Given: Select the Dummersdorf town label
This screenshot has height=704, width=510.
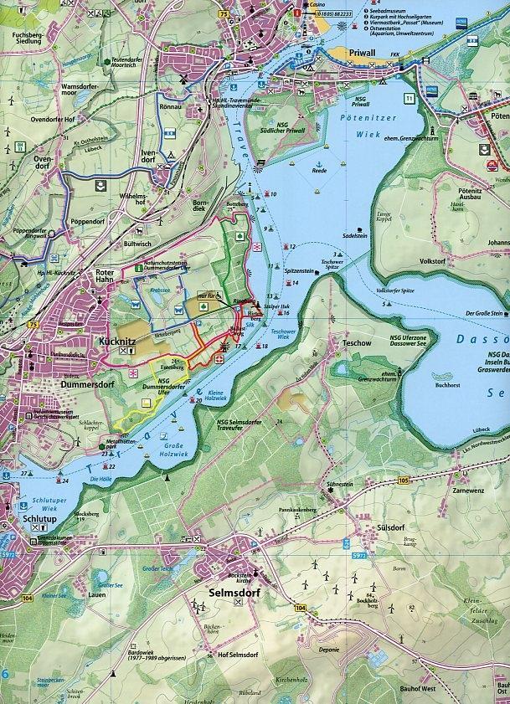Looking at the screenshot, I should [x=64, y=384].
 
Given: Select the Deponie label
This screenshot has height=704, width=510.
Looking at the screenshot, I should [x=327, y=645].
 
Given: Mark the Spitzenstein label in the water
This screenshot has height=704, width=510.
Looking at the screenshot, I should [x=298, y=271].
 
